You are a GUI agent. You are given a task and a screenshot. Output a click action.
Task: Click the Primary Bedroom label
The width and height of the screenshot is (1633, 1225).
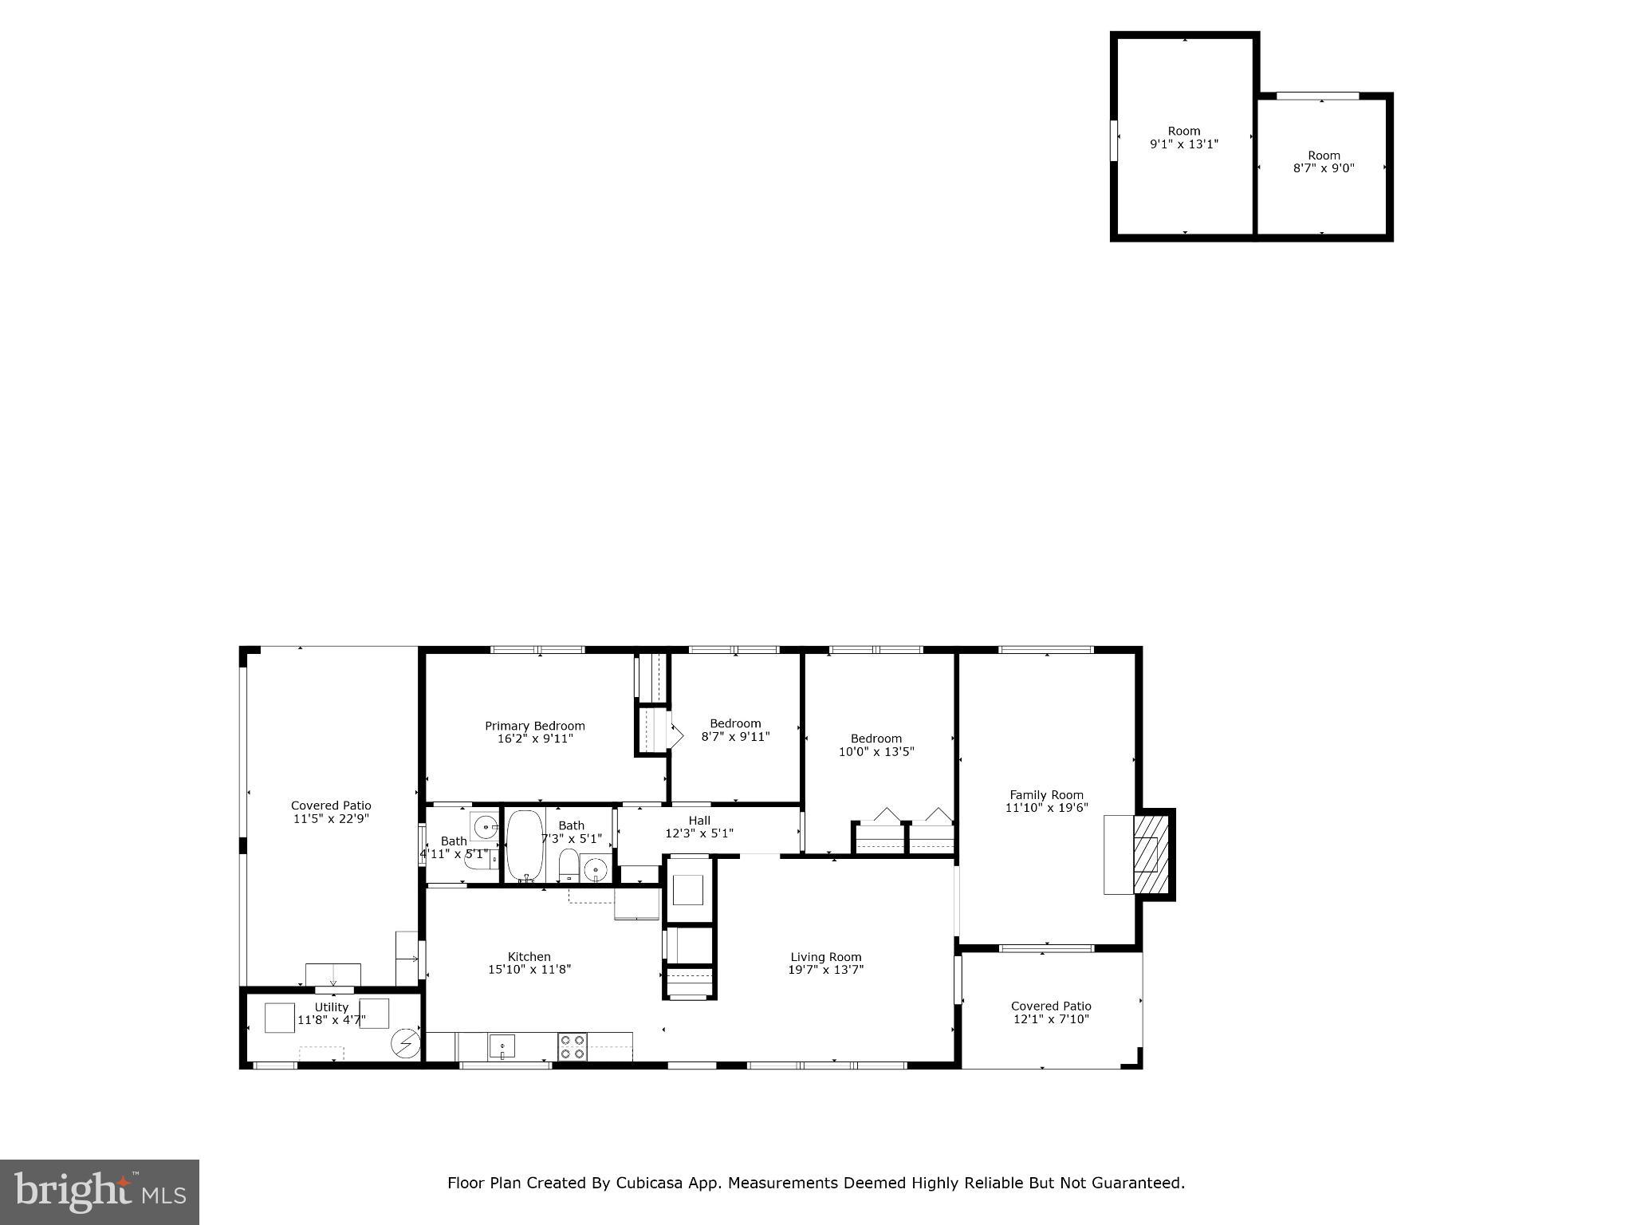(534, 726)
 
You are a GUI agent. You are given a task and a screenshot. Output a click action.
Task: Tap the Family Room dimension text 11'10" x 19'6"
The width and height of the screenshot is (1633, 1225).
(1046, 808)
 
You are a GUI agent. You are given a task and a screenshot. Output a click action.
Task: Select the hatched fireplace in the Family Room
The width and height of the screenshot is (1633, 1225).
(1151, 854)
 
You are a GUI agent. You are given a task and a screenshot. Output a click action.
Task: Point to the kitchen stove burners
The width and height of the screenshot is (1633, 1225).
(572, 1046)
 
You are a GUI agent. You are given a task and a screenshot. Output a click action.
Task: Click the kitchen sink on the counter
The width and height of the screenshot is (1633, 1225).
(502, 1046)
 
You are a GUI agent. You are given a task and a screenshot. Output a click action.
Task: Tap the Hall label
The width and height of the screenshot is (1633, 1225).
(699, 820)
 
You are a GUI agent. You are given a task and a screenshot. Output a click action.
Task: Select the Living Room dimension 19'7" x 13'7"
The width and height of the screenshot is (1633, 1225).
(826, 970)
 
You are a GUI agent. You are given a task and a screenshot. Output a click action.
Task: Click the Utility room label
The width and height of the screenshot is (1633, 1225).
(331, 1006)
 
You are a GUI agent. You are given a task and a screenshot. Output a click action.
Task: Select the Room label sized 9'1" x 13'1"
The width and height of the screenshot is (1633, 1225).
(1183, 137)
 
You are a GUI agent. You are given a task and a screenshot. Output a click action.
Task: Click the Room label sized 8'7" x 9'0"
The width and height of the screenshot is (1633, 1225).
(1324, 162)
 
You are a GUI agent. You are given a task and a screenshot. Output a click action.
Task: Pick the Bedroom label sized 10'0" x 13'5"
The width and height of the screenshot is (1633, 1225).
(876, 745)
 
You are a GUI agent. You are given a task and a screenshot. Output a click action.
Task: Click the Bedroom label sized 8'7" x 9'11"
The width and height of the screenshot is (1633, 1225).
(735, 730)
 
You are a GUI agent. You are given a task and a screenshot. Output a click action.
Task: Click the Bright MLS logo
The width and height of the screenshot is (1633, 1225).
(99, 1192)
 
